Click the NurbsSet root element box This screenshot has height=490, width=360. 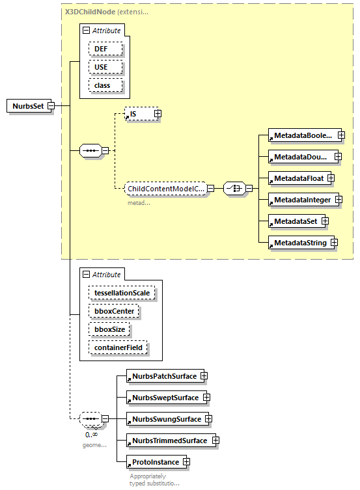[x=29, y=106]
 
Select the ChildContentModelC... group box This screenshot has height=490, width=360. [x=165, y=189]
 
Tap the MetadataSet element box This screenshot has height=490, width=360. [x=295, y=221]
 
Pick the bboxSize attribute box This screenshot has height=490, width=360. [x=109, y=329]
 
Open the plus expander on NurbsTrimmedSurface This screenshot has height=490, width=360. [x=215, y=441]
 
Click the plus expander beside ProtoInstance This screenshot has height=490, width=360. [x=186, y=462]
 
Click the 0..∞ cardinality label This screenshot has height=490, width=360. [x=91, y=434]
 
